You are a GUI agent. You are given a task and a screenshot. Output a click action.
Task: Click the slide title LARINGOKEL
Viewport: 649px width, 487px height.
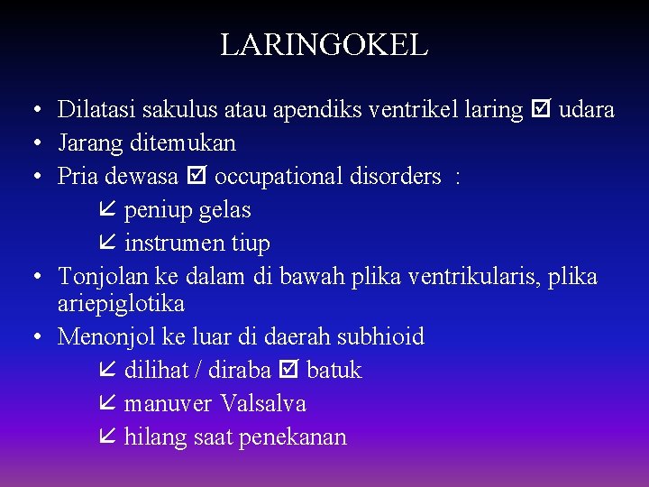(x=324, y=44)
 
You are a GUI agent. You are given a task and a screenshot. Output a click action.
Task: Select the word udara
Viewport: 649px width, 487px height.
(x=587, y=110)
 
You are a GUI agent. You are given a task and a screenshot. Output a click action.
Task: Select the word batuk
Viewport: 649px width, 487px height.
(x=334, y=371)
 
